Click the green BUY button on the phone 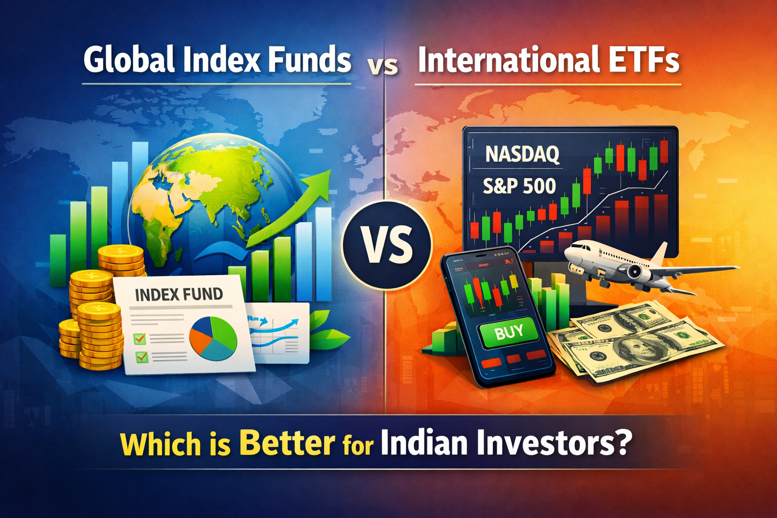(509, 332)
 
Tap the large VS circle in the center (387, 244)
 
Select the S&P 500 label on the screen (519, 187)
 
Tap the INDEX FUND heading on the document (179, 294)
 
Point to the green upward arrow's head (319, 182)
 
